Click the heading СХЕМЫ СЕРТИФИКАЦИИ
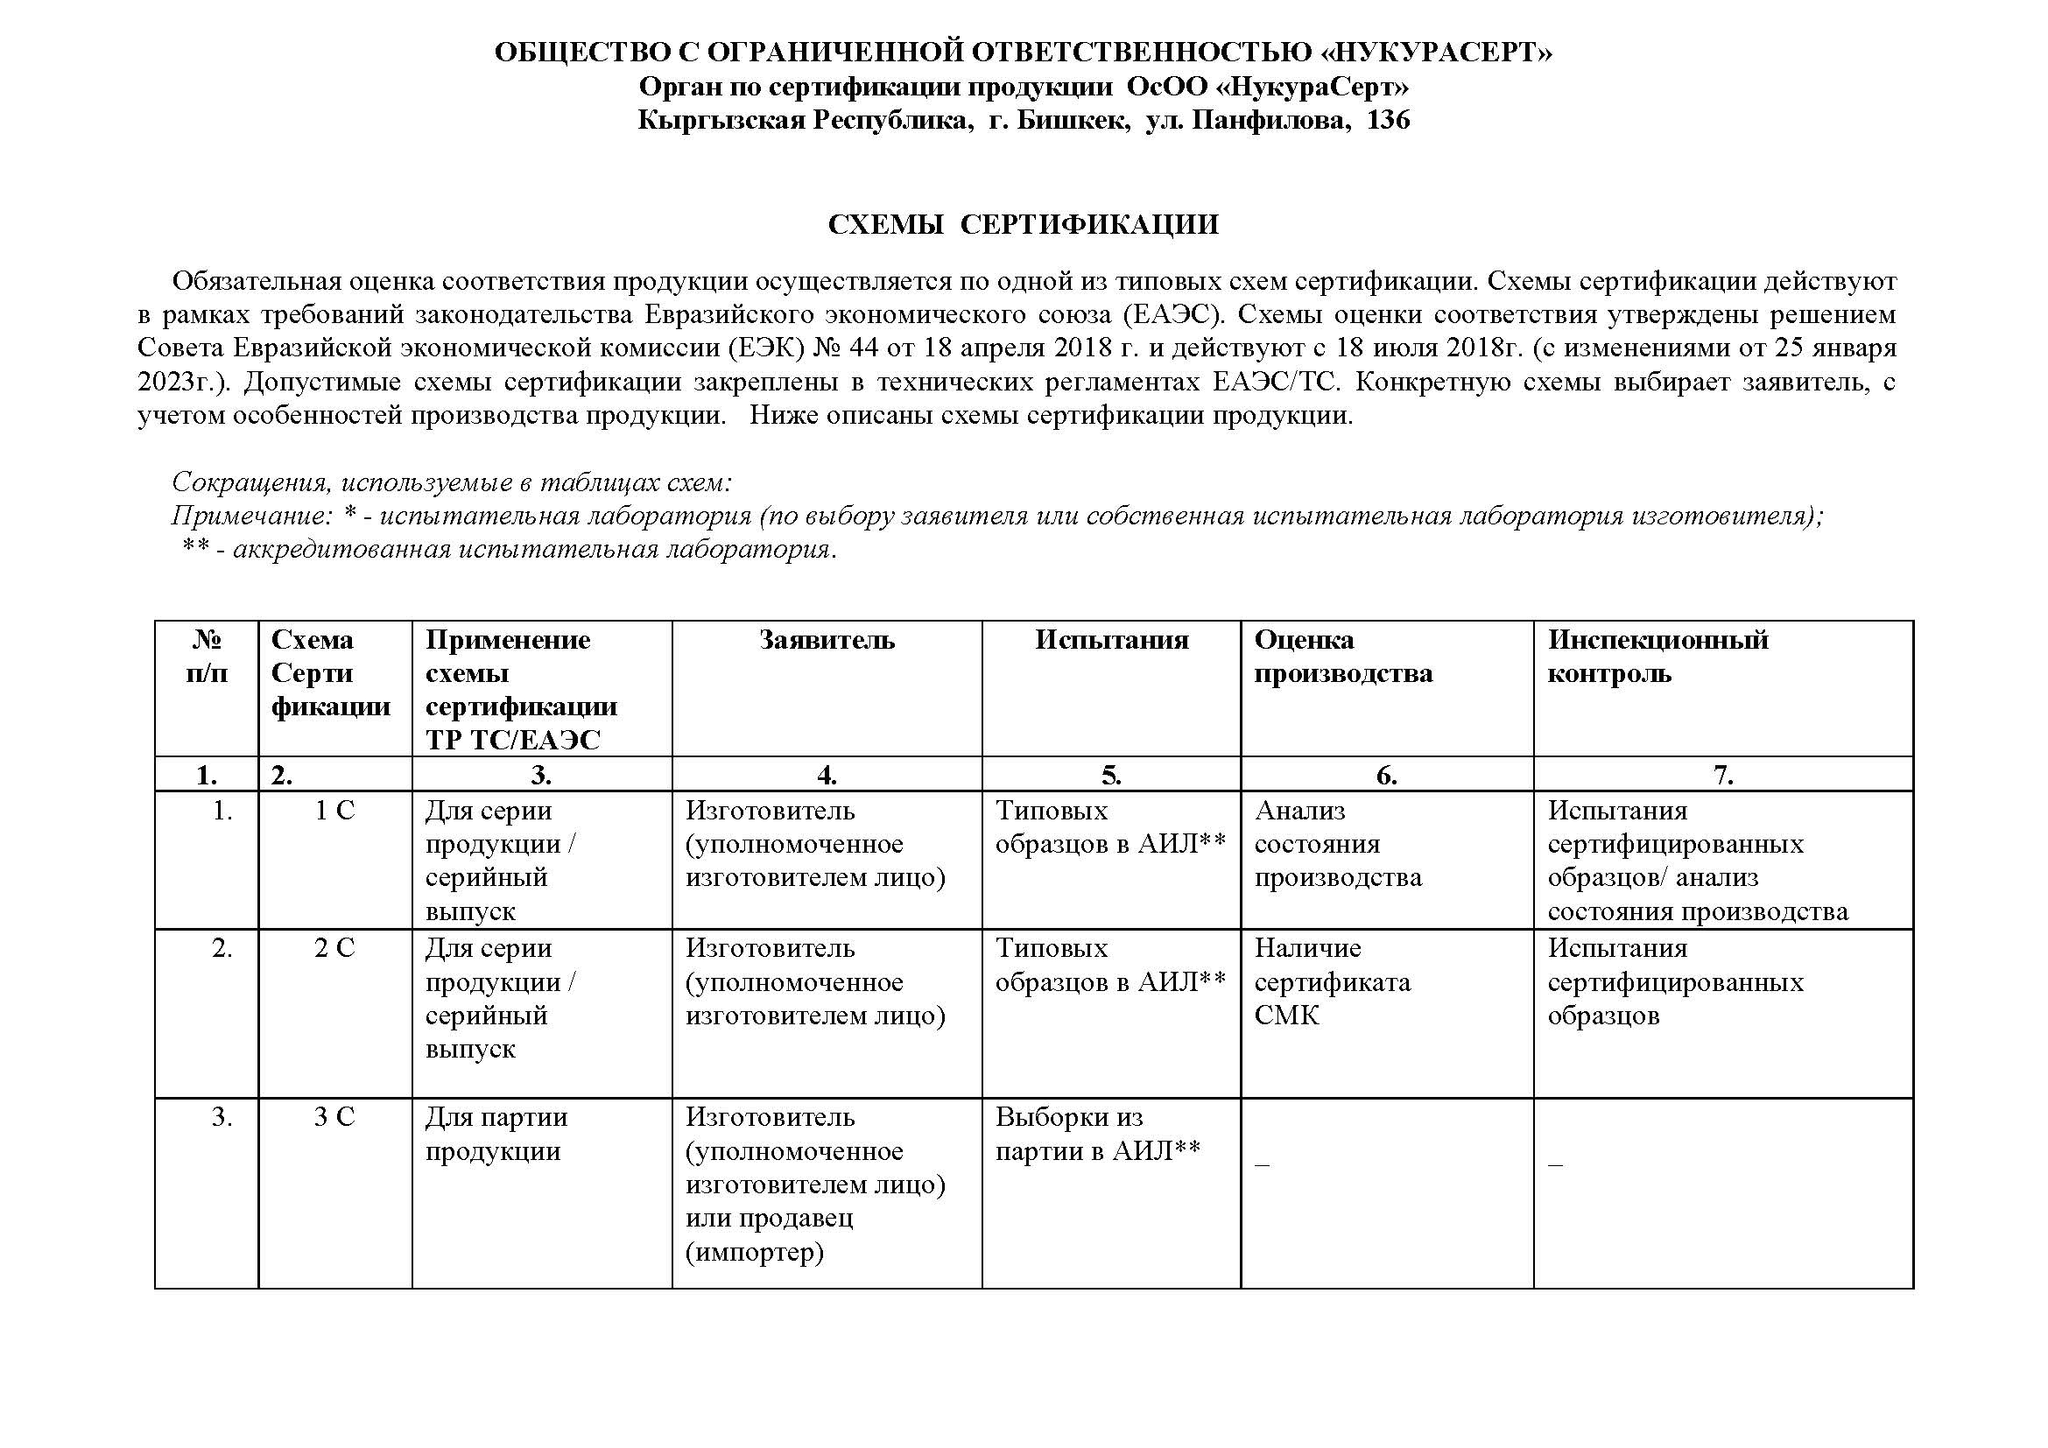tap(1023, 224)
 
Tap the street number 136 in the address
tap(1388, 119)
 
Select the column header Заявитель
tap(826, 640)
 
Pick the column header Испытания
tap(1110, 640)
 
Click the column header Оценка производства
tap(1342, 657)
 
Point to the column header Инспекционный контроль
tap(1657, 657)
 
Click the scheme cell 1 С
tap(334, 811)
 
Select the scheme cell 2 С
tap(334, 948)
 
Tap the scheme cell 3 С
tap(334, 1117)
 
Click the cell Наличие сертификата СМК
tap(1332, 981)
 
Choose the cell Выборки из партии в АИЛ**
tap(1097, 1134)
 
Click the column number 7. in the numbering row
tap(1722, 776)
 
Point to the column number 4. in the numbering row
tap(826, 776)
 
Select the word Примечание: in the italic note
tap(250, 517)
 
